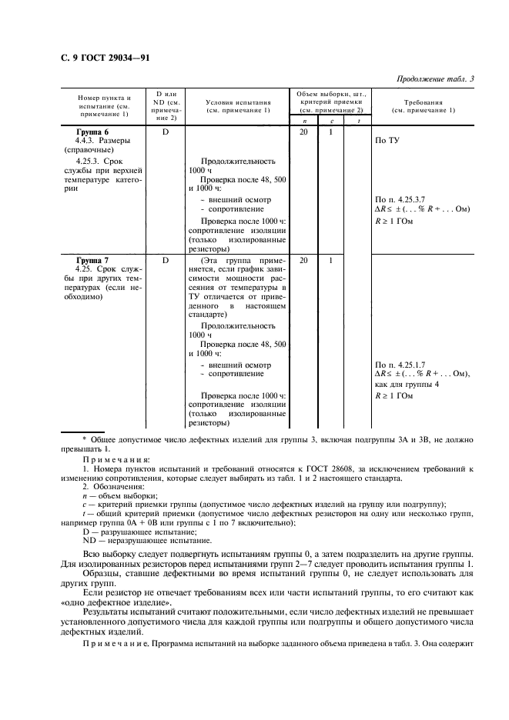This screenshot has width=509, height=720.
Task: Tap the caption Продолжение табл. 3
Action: (434, 78)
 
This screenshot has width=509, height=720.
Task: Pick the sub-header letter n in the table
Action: (303, 121)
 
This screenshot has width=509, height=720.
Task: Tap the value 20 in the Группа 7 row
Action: (303, 261)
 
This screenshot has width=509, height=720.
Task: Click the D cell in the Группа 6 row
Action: (165, 132)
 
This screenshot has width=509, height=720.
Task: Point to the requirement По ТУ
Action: (386, 142)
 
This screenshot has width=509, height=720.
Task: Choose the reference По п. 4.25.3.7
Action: (405, 199)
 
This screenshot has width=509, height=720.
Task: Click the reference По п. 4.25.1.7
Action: (405, 365)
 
